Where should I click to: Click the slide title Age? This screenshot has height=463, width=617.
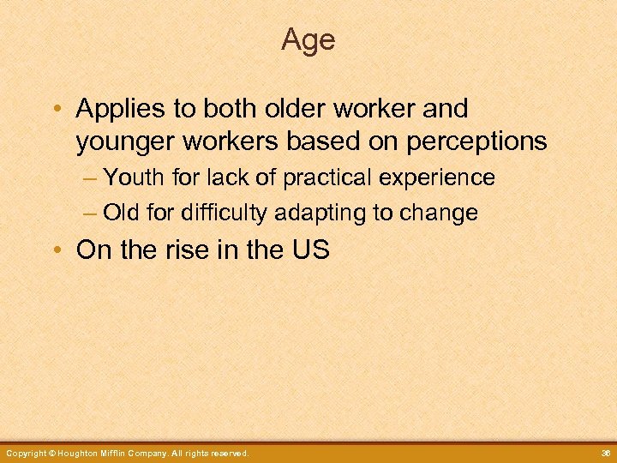point(308,39)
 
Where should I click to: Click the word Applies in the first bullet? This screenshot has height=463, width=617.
point(118,109)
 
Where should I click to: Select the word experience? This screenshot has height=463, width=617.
point(439,177)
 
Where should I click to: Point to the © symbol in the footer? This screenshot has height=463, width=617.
point(51,453)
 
